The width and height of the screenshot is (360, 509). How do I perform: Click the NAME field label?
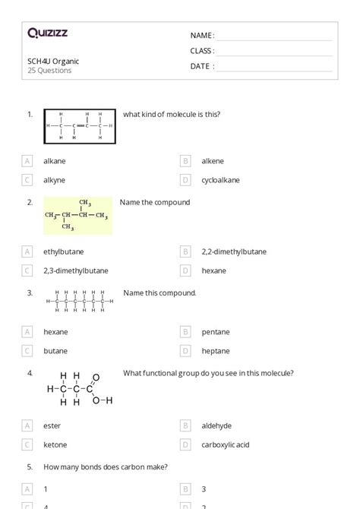click(201, 36)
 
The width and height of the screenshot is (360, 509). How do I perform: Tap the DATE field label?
click(201, 66)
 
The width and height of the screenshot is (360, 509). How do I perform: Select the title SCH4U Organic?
click(53, 61)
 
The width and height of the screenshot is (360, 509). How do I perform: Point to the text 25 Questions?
click(49, 71)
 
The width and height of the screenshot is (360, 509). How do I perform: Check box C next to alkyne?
click(27, 180)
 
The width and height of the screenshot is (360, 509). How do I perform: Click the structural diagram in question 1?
click(79, 126)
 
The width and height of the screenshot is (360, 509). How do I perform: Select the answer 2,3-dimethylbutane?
click(75, 270)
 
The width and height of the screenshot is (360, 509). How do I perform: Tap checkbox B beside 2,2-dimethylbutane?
click(185, 251)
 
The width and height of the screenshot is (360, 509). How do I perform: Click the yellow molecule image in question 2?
click(77, 216)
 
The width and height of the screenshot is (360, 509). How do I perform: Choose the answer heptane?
click(215, 351)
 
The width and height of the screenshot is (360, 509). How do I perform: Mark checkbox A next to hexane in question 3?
click(27, 332)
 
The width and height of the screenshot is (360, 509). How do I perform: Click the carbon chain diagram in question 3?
click(79, 301)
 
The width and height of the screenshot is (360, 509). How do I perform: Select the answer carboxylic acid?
click(226, 444)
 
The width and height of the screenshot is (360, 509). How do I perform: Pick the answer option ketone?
click(55, 444)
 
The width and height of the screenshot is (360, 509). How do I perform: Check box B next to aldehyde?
click(185, 425)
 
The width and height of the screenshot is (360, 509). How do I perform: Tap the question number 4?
click(30, 373)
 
